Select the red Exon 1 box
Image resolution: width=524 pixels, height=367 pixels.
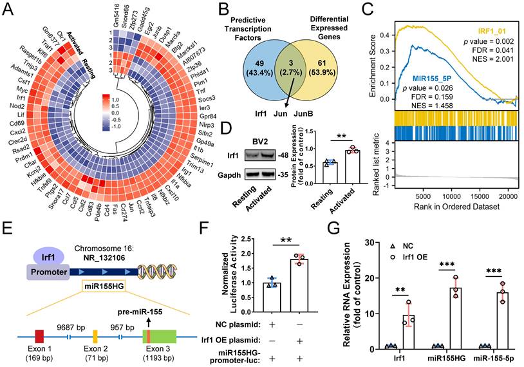pyautogui.click(x=40, y=335)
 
